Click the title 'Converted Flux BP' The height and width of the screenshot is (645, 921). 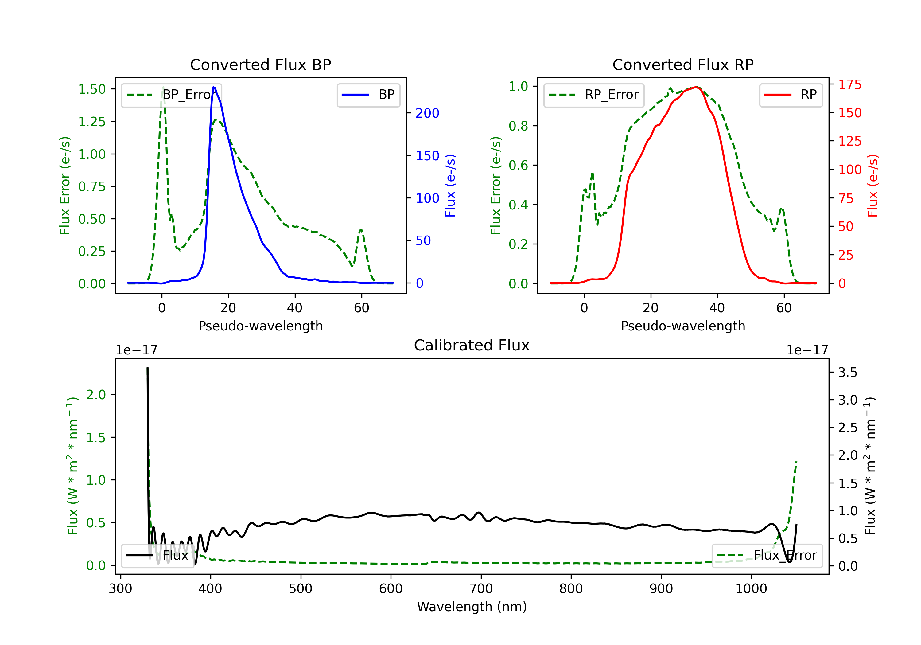pos(260,64)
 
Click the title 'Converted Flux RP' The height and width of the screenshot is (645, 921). pos(683,64)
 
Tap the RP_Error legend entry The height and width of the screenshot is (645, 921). pos(594,95)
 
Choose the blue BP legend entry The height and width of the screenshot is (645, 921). pos(368,95)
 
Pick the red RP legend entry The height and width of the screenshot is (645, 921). pos(791,95)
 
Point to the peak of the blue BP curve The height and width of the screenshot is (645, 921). pos(214,87)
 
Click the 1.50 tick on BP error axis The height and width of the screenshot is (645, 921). pos(92,89)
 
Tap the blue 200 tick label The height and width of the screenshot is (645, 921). pos(427,113)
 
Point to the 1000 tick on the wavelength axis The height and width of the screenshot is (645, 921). pos(751,589)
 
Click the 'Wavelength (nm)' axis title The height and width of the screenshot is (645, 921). pos(472,607)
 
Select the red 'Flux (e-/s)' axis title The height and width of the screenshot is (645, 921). pos(873,186)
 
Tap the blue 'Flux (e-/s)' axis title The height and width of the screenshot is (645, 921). pos(450,186)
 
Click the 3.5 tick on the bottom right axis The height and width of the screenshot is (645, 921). pos(848,373)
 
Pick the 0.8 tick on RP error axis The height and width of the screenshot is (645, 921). pos(518,126)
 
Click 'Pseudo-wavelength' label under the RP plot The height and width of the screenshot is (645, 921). pos(683,326)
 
